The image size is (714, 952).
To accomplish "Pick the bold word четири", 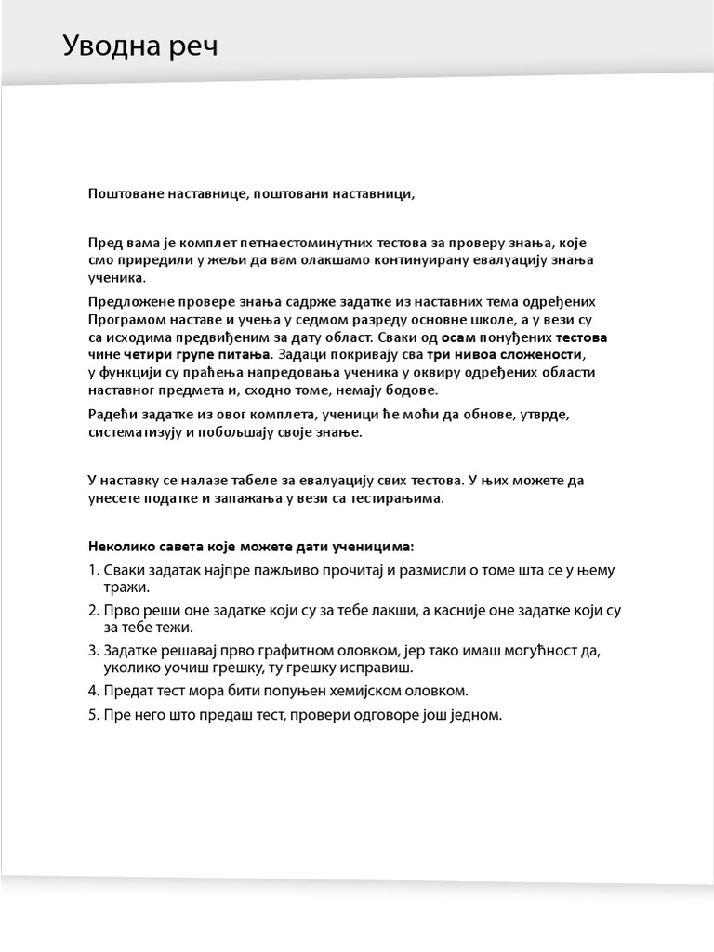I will [148, 355].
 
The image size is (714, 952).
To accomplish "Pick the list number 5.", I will [93, 716].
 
